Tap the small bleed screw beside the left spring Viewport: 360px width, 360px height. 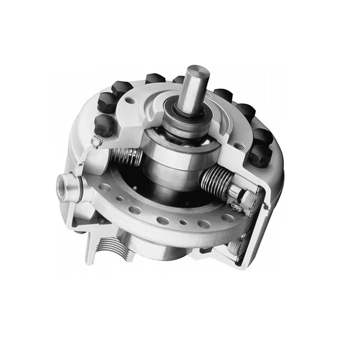coord(95,143)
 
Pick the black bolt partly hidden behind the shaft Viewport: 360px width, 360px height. coord(178,80)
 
